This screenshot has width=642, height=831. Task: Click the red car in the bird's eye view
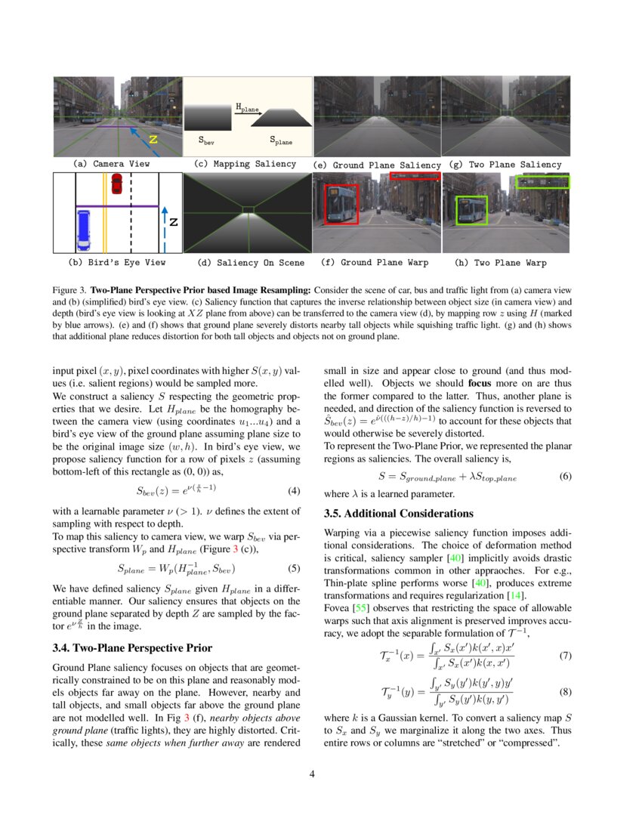point(116,184)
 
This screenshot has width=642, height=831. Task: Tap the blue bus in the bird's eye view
point(84,230)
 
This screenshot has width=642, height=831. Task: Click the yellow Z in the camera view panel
point(153,140)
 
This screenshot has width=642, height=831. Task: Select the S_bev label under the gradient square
point(205,140)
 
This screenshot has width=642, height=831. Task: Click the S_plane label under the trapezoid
point(281,141)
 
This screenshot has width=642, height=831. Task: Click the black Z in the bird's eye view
point(173,222)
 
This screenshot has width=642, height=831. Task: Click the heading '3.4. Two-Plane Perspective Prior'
point(132,647)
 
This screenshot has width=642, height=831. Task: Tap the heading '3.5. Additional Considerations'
point(398,514)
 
